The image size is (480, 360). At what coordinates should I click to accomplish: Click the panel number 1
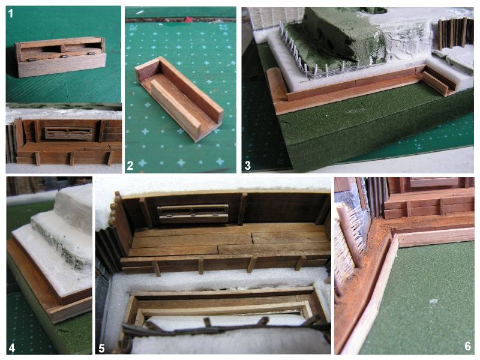[11, 13]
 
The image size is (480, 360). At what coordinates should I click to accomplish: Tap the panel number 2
[130, 166]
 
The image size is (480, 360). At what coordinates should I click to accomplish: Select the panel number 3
[247, 166]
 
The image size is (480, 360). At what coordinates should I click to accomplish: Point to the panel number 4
[12, 348]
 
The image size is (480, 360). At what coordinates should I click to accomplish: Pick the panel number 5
[101, 349]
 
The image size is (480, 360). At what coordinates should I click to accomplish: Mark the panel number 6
[467, 346]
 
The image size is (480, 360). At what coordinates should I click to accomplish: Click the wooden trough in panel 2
[179, 99]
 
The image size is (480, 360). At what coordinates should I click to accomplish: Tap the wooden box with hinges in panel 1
[61, 57]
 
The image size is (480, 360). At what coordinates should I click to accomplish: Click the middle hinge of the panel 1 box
[64, 56]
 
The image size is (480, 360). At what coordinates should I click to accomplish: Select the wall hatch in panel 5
[193, 214]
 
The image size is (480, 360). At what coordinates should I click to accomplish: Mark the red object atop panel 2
[188, 20]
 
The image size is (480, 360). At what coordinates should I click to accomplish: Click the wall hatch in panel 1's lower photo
[68, 133]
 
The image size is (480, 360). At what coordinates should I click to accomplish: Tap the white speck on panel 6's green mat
[433, 302]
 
